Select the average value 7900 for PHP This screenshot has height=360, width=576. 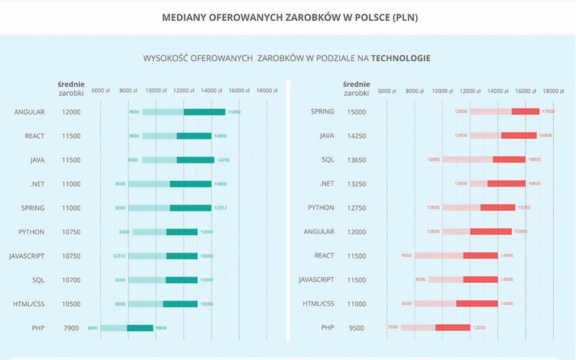tap(71, 328)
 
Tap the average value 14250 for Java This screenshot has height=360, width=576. tap(357, 135)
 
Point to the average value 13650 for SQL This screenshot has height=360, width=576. tap(357, 160)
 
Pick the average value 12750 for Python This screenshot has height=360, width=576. tap(357, 207)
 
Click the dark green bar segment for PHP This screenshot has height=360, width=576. tap(140, 328)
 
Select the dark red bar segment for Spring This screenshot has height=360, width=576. tap(526, 112)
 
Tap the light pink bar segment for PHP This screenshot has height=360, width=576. tap(418, 328)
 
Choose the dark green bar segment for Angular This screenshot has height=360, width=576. tap(204, 112)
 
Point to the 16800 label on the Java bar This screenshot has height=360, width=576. tap(546, 135)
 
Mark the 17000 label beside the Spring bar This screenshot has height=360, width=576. tap(549, 112)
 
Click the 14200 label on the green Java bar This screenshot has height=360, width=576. tap(222, 160)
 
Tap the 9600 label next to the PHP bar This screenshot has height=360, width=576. tap(161, 328)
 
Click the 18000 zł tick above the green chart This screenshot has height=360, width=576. tap(267, 91)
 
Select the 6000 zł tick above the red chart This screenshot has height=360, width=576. tap(387, 91)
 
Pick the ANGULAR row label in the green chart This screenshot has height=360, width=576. tap(29, 112)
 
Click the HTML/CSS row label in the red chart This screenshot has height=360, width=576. tap(318, 304)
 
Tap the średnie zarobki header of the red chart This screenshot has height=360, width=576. tap(356, 88)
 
